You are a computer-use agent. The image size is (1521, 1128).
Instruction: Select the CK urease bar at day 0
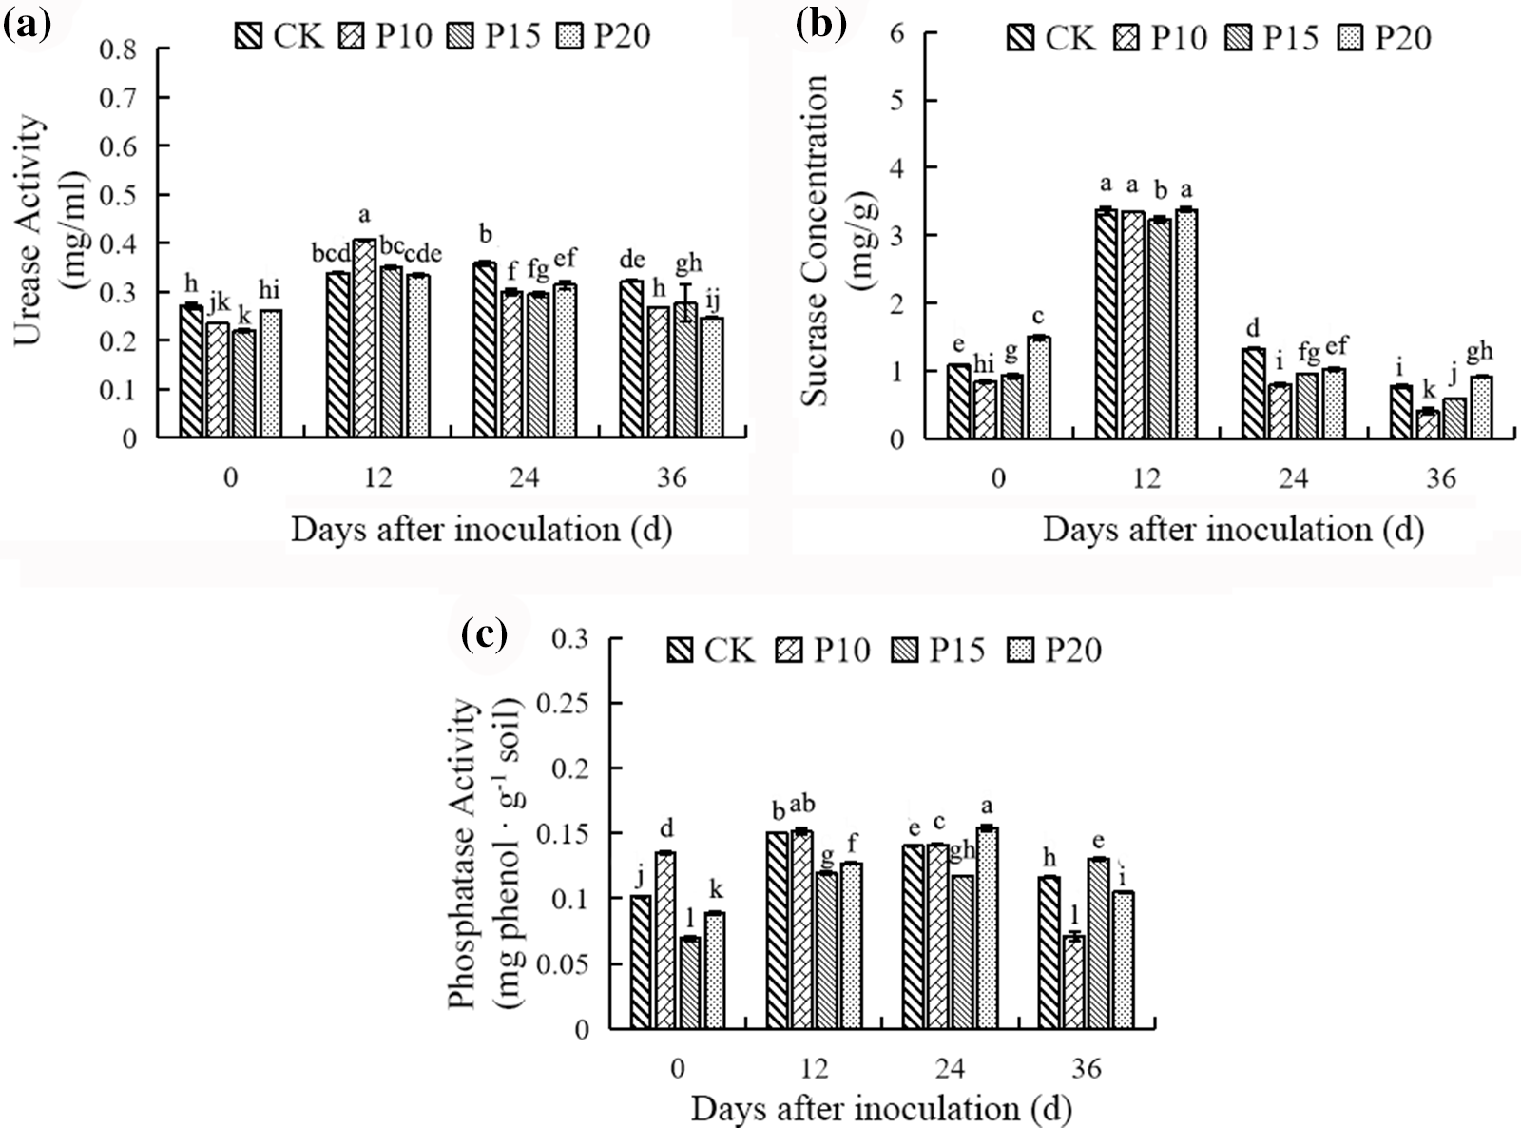191,372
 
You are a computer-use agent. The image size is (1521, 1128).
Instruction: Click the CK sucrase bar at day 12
1106,324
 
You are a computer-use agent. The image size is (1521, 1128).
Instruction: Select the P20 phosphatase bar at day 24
988,928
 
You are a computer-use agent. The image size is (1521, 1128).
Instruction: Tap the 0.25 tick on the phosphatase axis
568,703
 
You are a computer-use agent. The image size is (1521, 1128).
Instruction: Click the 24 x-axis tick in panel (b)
1294,477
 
